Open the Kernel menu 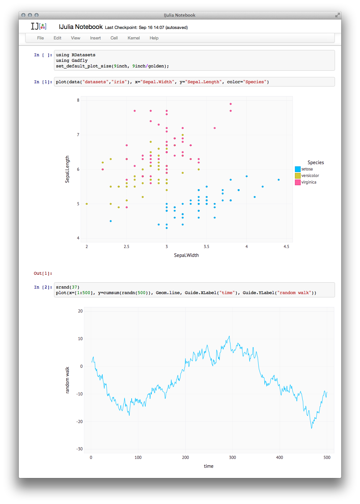(134, 38)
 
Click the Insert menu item (95, 38)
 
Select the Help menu (154, 38)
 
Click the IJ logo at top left (39, 26)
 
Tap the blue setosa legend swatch (298, 169)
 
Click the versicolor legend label (310, 176)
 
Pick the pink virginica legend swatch (298, 182)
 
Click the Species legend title (316, 163)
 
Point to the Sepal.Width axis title (186, 255)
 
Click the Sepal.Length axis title (67, 169)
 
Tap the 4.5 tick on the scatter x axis (286, 246)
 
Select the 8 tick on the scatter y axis (78, 100)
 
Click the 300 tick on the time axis (232, 457)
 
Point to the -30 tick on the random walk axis (80, 449)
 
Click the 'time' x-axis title (209, 466)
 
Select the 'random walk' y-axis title (67, 380)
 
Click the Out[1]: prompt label (43, 273)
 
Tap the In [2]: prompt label (43, 287)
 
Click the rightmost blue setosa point (279, 180)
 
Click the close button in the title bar (23, 15)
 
